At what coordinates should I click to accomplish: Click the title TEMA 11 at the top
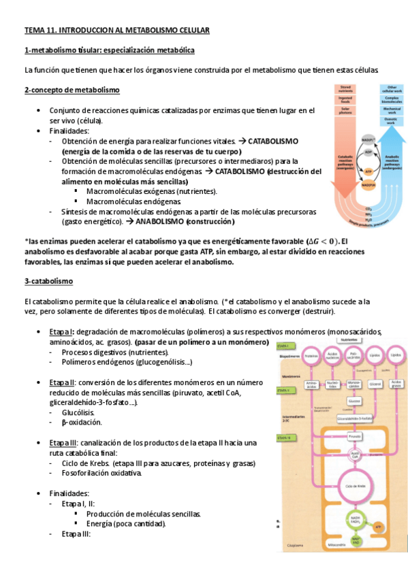tap(116, 30)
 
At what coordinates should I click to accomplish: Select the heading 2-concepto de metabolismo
tap(72, 90)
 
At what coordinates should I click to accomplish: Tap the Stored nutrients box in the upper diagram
tap(347, 89)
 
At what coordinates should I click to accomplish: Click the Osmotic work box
tap(392, 120)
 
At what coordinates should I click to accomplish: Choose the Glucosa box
tap(353, 401)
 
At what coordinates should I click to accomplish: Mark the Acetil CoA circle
tap(353, 455)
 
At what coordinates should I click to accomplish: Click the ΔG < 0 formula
tap(321, 242)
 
